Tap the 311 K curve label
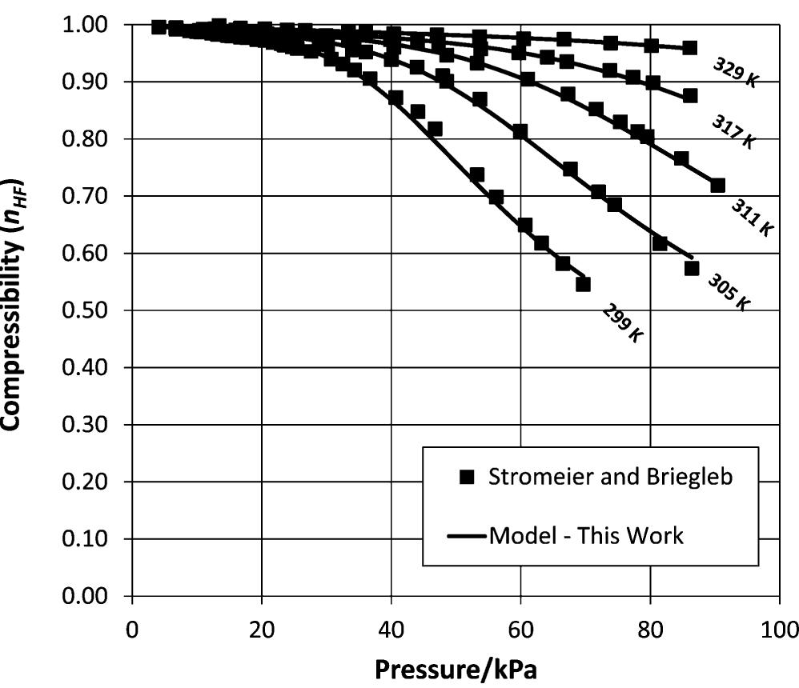pyautogui.click(x=751, y=217)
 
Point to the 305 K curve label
pyautogui.click(x=729, y=292)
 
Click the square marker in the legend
pyautogui.click(x=469, y=478)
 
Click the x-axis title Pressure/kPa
pyautogui.click(x=456, y=668)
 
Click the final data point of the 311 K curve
pyautogui.click(x=717, y=186)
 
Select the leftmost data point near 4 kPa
pyautogui.click(x=159, y=27)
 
